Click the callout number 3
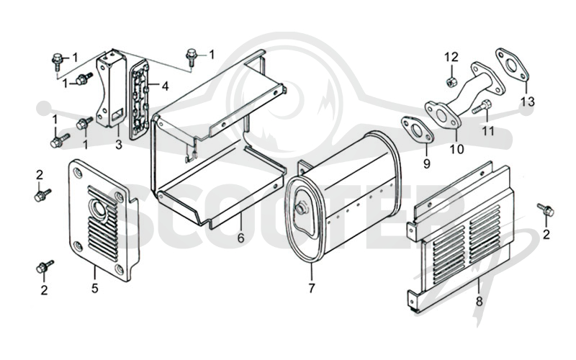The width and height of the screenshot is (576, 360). pos(118,145)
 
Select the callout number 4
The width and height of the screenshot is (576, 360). pos(166,86)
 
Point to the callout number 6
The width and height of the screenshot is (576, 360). pos(240,238)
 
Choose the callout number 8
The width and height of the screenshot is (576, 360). pos(479,302)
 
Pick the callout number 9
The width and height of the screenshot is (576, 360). pos(426,163)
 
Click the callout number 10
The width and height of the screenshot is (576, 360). pos(457,149)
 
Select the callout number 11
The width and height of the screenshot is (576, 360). pos(488,131)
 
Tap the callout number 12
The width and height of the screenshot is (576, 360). pos(451,58)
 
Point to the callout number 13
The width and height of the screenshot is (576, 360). pos(528,102)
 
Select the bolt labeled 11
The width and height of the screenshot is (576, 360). pos(481,107)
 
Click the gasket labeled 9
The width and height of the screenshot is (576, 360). pos(418,130)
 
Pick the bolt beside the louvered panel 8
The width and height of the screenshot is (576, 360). pos(546,210)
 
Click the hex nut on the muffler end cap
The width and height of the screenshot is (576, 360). pos(301,209)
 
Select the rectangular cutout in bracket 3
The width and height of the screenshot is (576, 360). pos(117,114)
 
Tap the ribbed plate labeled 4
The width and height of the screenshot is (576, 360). pos(140,100)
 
